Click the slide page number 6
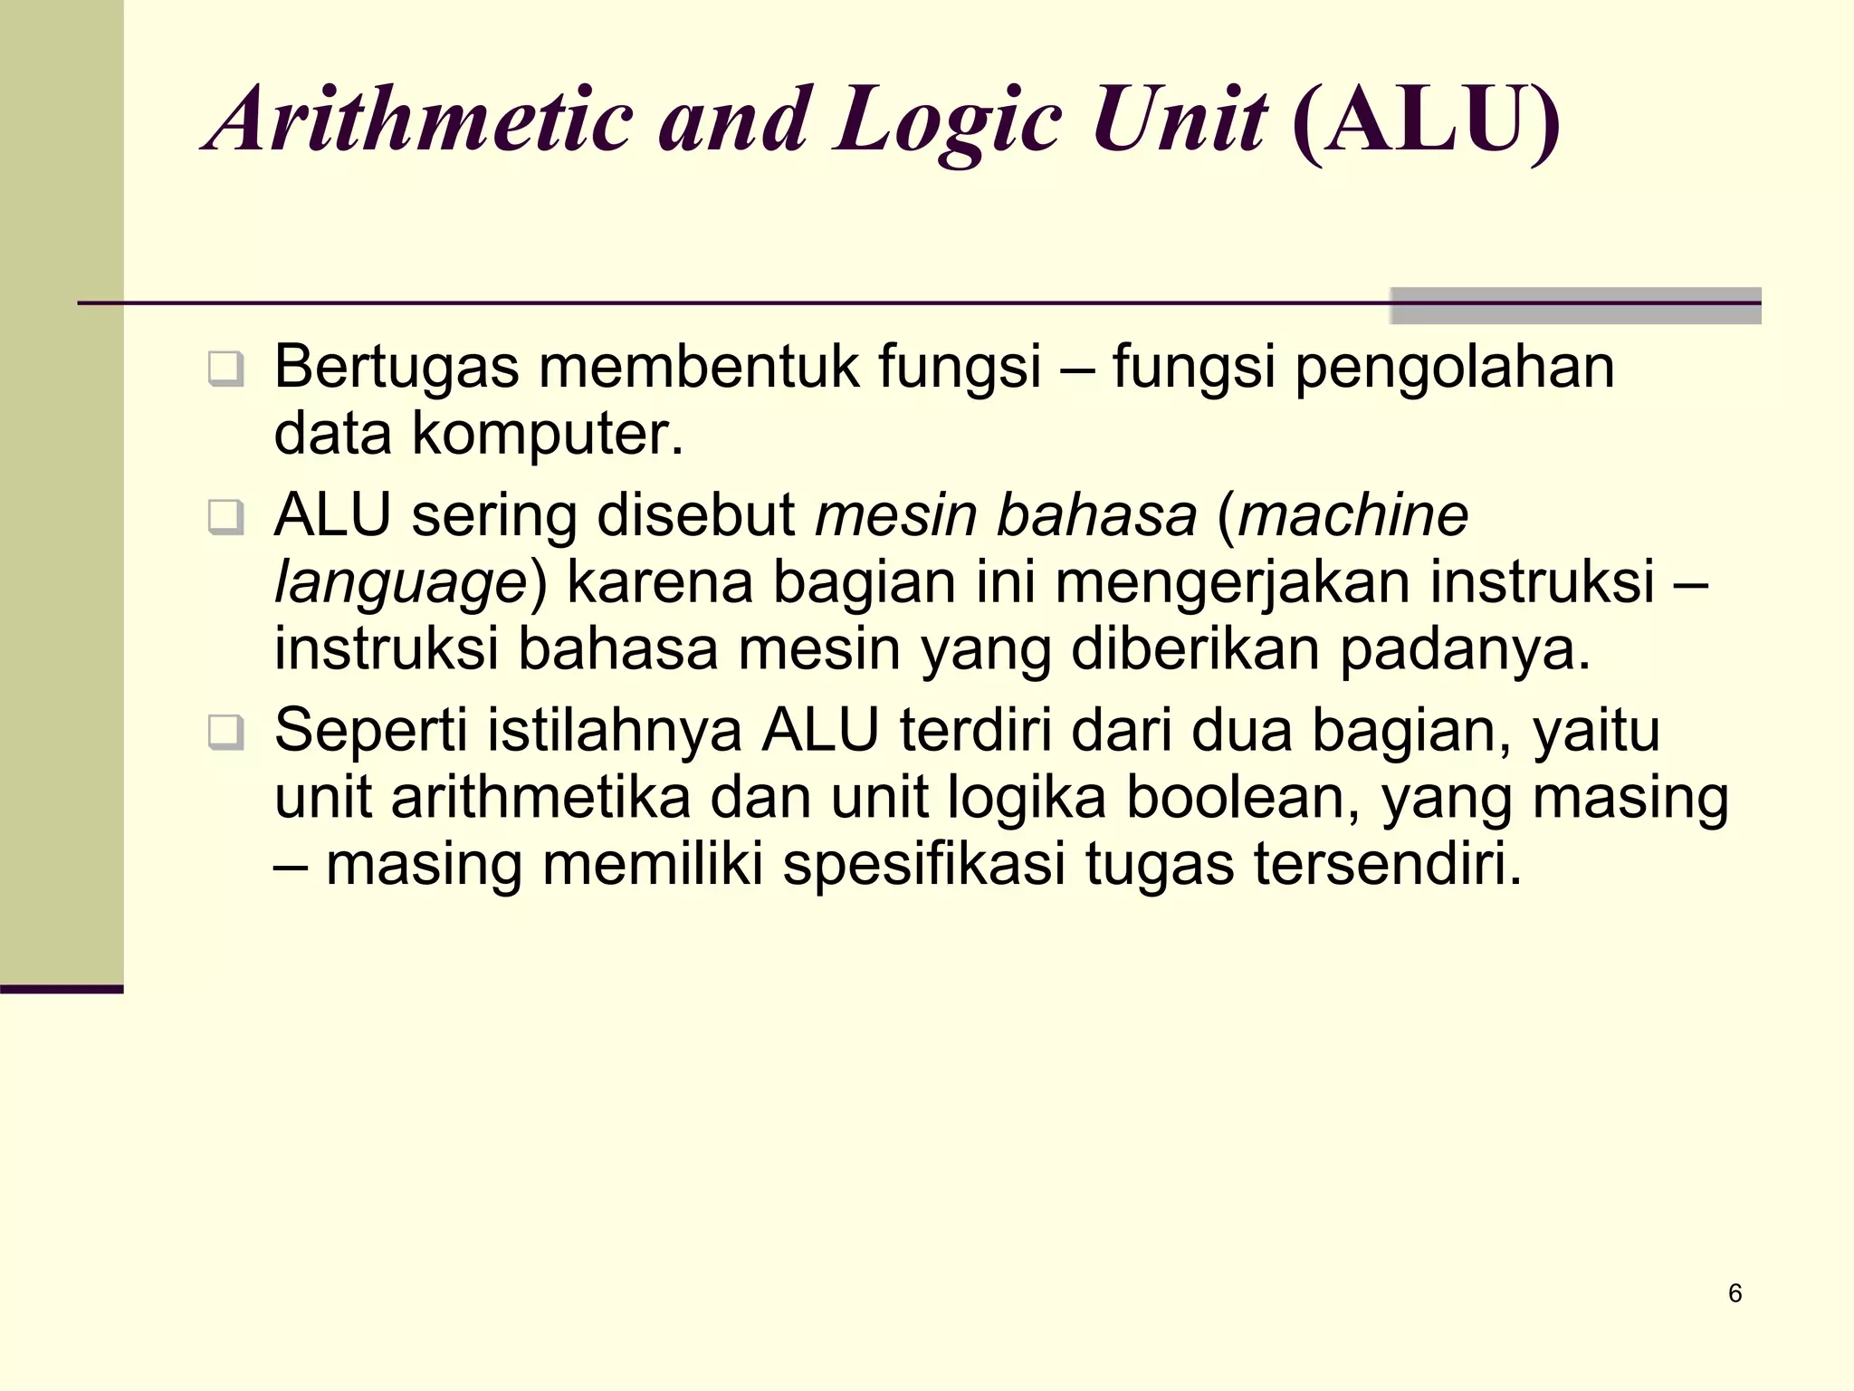(x=1735, y=1293)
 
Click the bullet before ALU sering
(x=225, y=517)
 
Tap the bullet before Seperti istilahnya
(x=225, y=732)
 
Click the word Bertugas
(x=397, y=369)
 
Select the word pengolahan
(x=1455, y=369)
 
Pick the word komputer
(x=547, y=434)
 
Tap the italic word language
(x=400, y=583)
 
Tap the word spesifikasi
(x=923, y=864)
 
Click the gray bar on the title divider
(x=1575, y=305)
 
